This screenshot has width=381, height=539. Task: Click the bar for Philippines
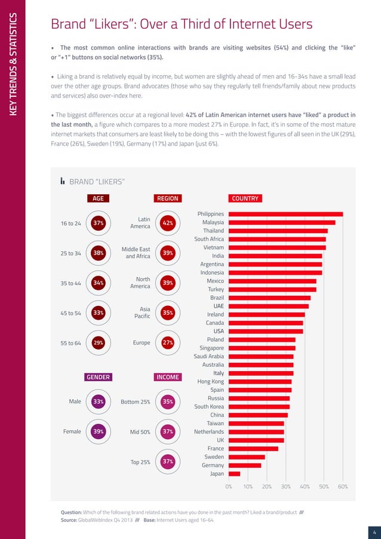285,214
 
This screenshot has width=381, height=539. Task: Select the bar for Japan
234,474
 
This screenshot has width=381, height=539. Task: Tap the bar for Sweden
247,457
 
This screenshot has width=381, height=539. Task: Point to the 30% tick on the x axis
285,487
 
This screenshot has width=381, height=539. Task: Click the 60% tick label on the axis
343,487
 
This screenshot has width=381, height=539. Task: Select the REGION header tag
168,198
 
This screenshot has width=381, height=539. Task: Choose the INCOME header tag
168,377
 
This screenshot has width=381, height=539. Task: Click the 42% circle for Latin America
168,223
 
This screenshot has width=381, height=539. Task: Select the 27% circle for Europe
168,343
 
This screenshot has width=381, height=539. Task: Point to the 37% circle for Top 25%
168,461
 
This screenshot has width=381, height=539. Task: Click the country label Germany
213,465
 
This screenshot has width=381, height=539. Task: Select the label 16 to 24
71,223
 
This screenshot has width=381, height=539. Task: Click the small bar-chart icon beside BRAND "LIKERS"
63,181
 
